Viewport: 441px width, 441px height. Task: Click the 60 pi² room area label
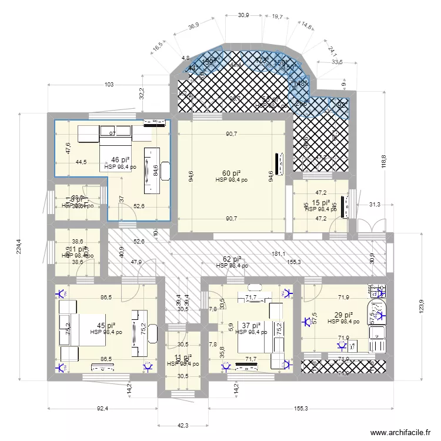point(231,173)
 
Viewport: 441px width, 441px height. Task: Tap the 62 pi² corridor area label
point(232,259)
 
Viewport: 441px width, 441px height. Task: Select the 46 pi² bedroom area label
point(120,160)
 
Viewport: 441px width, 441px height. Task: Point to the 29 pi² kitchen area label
point(344,315)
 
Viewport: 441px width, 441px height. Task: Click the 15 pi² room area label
point(321,202)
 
